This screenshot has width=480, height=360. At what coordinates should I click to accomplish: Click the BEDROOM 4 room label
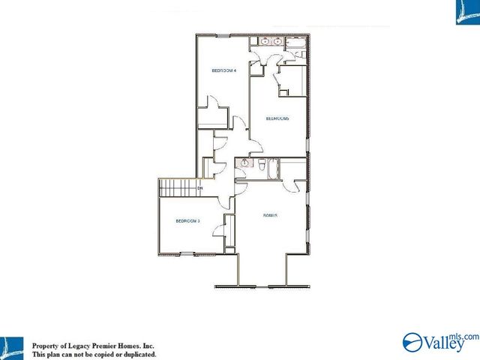click(224, 70)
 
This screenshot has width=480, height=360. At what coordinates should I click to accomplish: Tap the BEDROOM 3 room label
click(187, 220)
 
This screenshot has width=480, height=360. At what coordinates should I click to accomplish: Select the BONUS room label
click(271, 215)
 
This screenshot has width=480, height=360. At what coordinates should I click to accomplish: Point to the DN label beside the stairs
click(200, 187)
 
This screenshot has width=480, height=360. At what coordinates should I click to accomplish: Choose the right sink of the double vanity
click(277, 43)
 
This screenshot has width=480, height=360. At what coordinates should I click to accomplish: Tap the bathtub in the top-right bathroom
click(297, 53)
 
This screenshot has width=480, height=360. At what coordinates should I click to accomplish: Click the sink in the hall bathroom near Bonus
click(244, 162)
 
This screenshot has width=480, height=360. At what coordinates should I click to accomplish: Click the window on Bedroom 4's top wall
click(223, 35)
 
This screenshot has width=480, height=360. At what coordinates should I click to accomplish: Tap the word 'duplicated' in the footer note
click(135, 354)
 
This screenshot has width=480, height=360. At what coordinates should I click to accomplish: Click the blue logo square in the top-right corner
click(467, 12)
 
